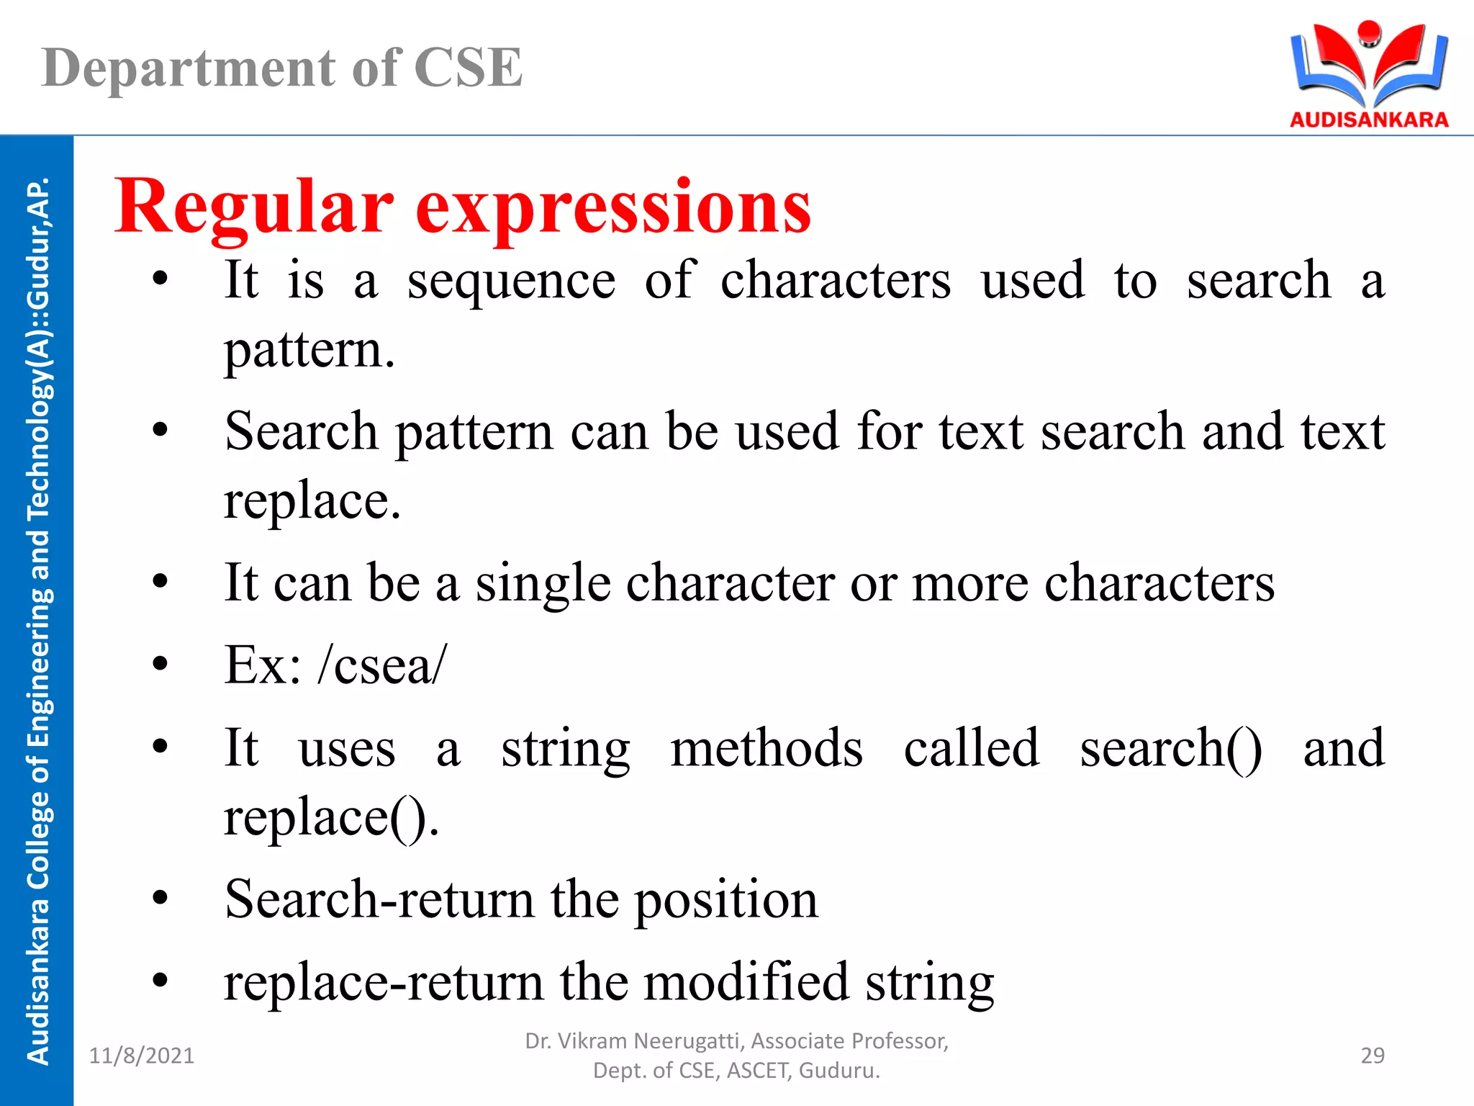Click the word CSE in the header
pos(468,68)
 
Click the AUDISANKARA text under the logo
pos(1369,120)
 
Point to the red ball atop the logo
pos(1369,32)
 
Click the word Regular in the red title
pos(254,207)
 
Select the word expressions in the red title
pos(613,209)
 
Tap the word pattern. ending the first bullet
pos(309,351)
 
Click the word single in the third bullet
pos(543,583)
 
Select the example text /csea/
pos(382,665)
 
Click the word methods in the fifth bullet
pos(767,749)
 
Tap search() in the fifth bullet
pos(1171,749)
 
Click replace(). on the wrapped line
pos(331,818)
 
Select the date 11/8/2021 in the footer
pos(142,1056)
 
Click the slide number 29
pos(1373,1056)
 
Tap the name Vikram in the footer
pos(594,1041)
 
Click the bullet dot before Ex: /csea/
pos(160,663)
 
